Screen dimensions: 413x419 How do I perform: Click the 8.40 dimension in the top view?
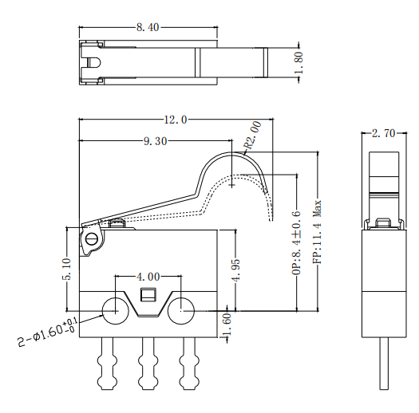tap(148, 27)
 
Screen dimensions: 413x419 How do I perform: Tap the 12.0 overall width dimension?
tap(175, 120)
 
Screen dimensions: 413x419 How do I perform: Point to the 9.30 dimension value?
tap(155, 142)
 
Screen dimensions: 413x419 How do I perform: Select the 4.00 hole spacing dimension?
tap(148, 277)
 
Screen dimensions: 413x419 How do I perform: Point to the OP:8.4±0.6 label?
tap(296, 243)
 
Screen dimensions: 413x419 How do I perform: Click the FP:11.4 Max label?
tap(317, 232)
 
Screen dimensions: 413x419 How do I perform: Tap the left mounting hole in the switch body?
tap(113, 309)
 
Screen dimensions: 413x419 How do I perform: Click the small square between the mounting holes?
tap(148, 296)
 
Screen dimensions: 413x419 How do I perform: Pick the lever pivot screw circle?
tap(91, 238)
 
